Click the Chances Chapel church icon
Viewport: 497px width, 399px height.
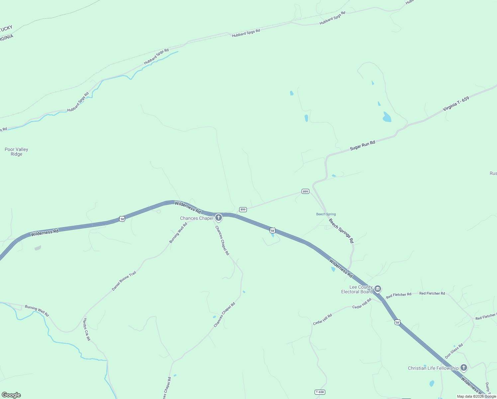point(218,218)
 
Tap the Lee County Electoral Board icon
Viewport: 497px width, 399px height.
point(377,289)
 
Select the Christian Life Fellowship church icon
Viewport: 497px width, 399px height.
point(464,367)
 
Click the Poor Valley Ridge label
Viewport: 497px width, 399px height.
point(16,152)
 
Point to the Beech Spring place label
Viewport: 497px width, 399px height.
point(326,214)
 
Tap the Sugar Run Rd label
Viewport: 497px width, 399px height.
point(362,145)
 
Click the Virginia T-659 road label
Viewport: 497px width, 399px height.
point(456,104)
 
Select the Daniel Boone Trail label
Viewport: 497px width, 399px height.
point(124,281)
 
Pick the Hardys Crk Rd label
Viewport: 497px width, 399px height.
point(86,329)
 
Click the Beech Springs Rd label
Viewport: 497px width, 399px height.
point(341,230)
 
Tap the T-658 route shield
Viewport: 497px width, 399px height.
point(319,392)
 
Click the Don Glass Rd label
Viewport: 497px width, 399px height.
point(454,351)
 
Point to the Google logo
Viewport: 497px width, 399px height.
point(11,395)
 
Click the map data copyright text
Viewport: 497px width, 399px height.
point(476,396)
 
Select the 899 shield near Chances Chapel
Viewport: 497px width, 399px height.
point(243,209)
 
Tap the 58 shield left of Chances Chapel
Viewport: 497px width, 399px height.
point(122,219)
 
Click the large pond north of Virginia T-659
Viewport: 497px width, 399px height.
point(387,117)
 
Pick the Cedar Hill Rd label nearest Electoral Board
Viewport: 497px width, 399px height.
point(362,304)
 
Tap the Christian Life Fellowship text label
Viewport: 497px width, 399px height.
point(433,368)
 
